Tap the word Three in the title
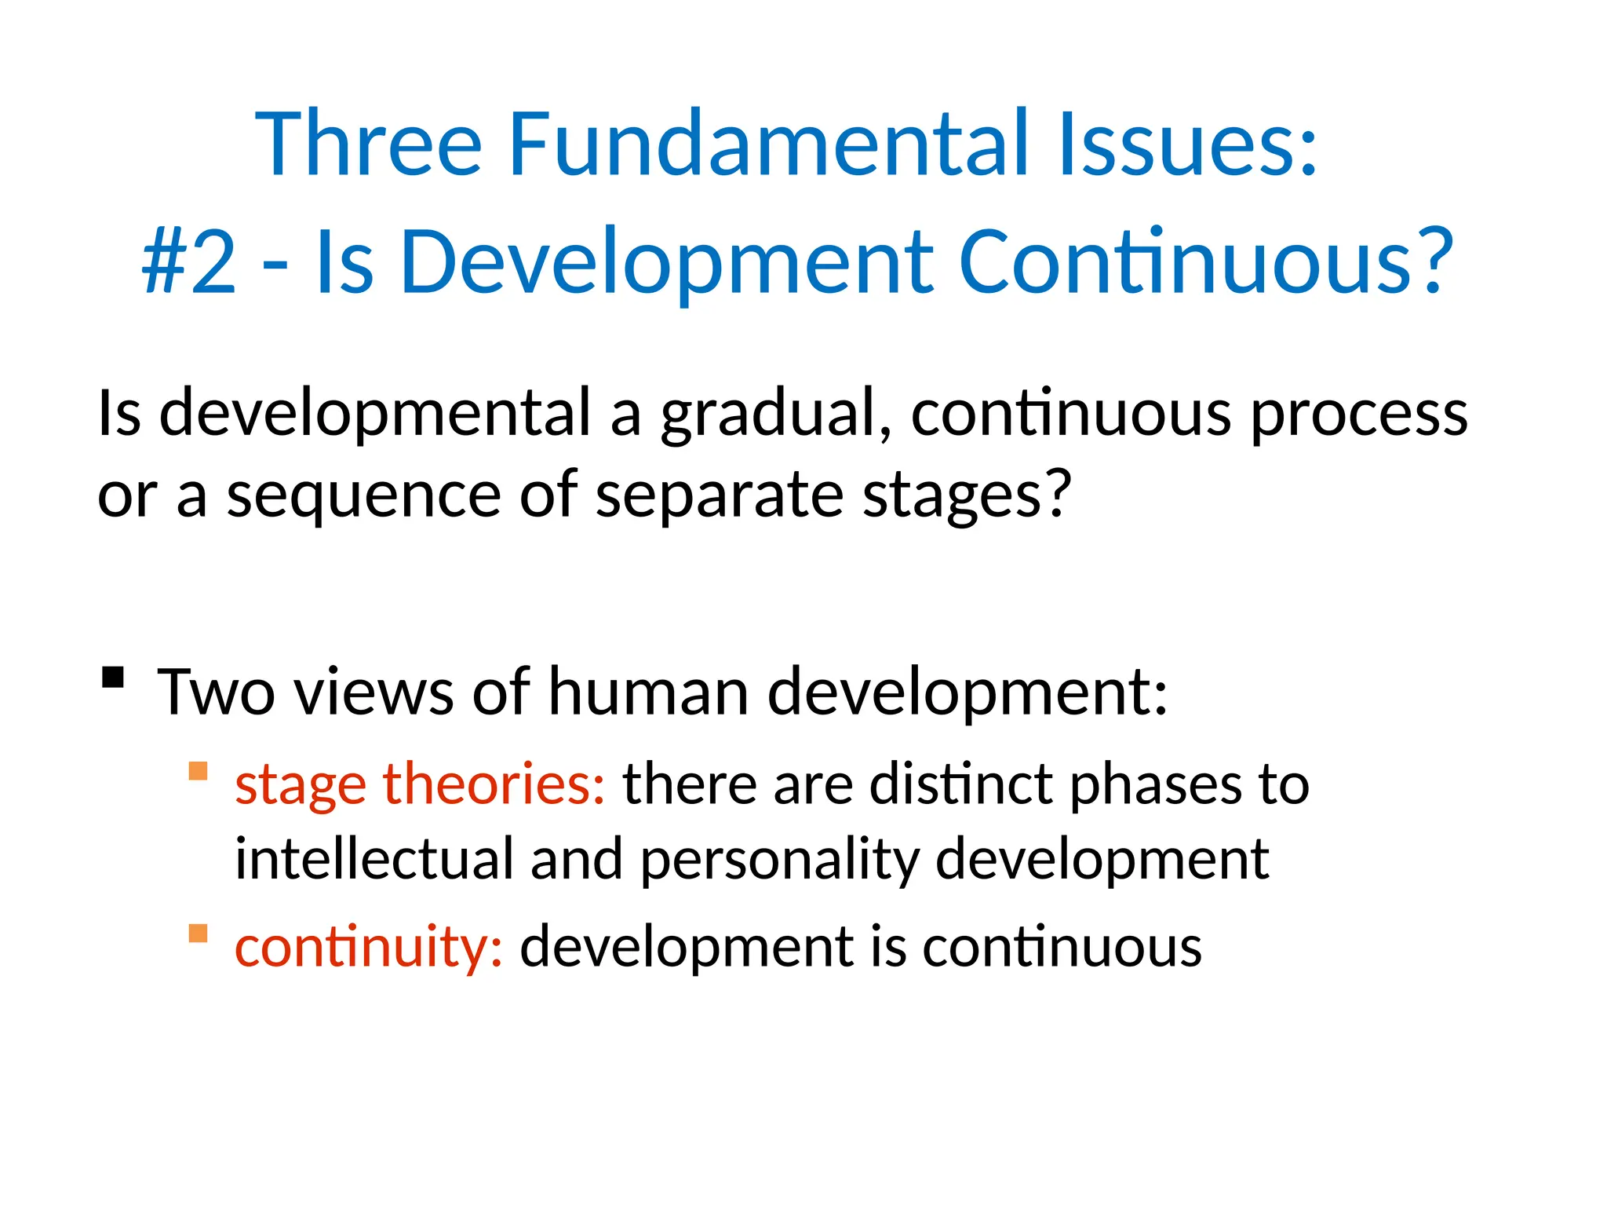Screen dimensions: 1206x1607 (x=368, y=144)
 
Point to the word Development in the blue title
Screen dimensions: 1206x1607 (x=667, y=263)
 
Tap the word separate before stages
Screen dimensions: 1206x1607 (x=720, y=496)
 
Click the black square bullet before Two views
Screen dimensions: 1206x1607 (x=114, y=677)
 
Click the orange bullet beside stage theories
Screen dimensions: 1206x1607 (x=199, y=771)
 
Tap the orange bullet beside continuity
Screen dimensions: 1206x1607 (x=199, y=934)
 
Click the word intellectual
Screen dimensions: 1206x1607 (x=374, y=859)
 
